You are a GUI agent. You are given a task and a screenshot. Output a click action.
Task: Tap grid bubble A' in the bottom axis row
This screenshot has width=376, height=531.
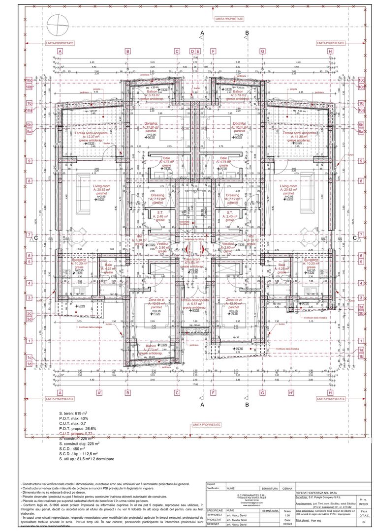pyautogui.click(x=100, y=393)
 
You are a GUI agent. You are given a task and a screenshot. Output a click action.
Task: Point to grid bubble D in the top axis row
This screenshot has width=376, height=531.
pyautogui.click(x=192, y=51)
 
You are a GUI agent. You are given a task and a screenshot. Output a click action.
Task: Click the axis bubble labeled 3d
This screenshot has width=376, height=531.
pyautogui.click(x=29, y=319)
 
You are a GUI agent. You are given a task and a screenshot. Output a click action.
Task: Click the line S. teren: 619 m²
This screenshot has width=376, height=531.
pyautogui.click(x=73, y=413)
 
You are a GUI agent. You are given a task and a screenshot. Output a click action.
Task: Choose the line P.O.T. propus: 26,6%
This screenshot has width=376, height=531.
pyautogui.click(x=78, y=428)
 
